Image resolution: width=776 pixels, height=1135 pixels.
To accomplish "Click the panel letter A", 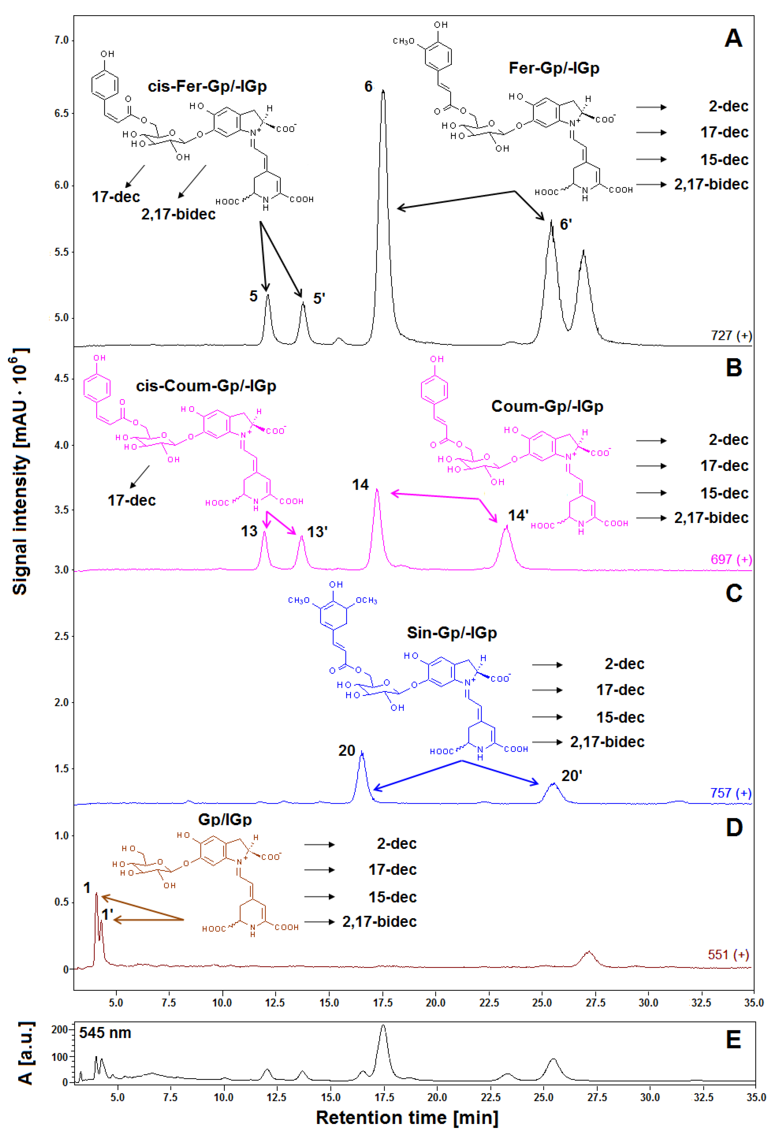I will click(734, 39).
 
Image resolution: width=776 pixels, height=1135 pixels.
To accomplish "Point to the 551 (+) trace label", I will click(728, 955).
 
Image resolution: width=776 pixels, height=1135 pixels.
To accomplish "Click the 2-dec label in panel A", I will click(728, 106).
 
